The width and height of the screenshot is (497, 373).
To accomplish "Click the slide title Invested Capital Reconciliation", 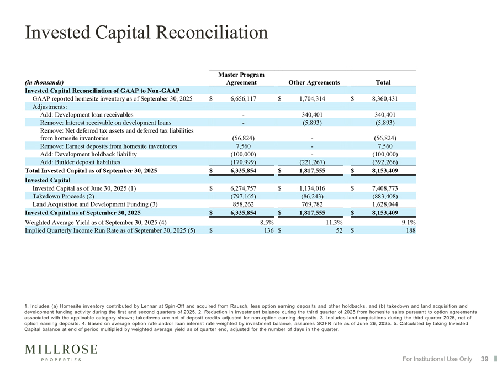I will tap(147, 32).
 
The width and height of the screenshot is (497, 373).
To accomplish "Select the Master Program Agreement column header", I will tap(241, 78).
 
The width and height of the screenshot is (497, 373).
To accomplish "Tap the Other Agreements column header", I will tap(314, 82).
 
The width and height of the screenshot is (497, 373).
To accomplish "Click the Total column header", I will tap(383, 82).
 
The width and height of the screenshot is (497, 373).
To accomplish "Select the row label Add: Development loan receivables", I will tap(87, 114).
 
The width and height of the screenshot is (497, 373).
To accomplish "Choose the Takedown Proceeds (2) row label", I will tap(64, 196).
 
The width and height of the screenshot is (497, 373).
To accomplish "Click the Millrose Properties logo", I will tap(61, 352).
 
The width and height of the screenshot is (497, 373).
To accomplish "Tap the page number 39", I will tap(485, 359).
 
